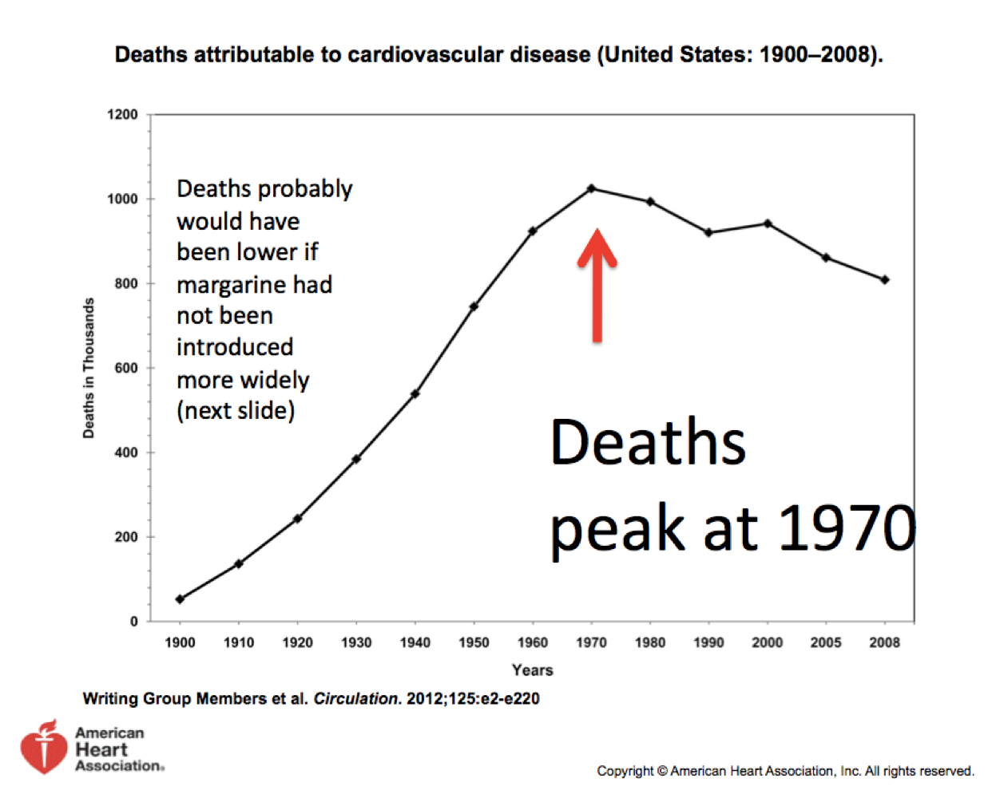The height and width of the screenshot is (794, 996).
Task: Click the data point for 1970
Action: (x=592, y=189)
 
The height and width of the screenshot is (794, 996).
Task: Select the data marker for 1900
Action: (x=180, y=599)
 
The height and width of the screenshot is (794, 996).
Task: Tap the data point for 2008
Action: (x=885, y=280)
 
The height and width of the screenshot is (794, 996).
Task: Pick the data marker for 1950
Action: (x=474, y=306)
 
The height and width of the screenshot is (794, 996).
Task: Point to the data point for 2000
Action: (x=768, y=224)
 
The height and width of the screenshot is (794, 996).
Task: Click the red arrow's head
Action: (x=597, y=246)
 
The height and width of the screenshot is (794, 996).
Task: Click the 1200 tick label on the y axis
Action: (x=122, y=115)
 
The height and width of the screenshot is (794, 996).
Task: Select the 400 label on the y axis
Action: (x=125, y=452)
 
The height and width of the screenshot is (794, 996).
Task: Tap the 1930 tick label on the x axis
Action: (x=356, y=642)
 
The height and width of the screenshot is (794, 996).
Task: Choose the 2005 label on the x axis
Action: (x=826, y=642)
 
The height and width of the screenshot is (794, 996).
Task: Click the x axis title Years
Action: (x=532, y=670)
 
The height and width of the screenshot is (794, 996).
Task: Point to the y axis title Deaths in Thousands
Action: (x=89, y=368)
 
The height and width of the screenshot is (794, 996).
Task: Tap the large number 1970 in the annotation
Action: (x=847, y=527)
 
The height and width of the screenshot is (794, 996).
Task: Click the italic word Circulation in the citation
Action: (x=355, y=699)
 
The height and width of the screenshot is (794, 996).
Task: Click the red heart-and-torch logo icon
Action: (x=44, y=748)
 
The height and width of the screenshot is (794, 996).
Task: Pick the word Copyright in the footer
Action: (x=625, y=771)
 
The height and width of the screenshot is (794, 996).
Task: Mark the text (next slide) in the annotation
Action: (x=236, y=411)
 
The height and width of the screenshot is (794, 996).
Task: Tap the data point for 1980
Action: (x=650, y=202)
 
